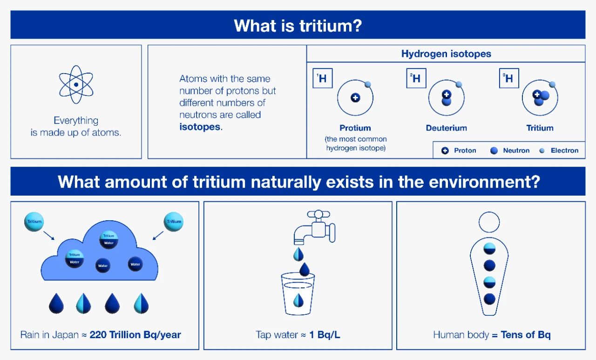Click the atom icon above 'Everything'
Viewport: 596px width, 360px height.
[x=76, y=85]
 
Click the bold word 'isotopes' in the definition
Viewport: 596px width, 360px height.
[x=200, y=127]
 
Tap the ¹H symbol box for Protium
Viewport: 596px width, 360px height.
[x=323, y=78]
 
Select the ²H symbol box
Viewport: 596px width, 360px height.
[x=416, y=78]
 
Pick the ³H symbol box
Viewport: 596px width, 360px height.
[x=509, y=78]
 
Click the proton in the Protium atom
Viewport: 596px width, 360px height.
[x=355, y=98]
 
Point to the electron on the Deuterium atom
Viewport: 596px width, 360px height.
[x=459, y=85]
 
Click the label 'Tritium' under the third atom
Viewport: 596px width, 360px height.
[x=540, y=128]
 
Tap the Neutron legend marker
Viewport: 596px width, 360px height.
[x=494, y=150]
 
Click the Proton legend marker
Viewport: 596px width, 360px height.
[x=445, y=150]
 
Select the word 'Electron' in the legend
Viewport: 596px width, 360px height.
[x=565, y=150]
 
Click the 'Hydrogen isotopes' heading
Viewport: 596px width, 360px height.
[x=446, y=54]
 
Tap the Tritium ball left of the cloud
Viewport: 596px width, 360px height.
[x=34, y=222]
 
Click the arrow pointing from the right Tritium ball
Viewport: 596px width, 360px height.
[x=158, y=236]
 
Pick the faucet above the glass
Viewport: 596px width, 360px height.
[x=314, y=227]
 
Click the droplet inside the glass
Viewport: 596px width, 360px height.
[x=298, y=300]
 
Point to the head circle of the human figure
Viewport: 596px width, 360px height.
[x=489, y=222]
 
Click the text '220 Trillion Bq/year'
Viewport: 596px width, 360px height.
[x=135, y=335]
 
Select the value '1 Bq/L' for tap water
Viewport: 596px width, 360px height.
[x=325, y=335]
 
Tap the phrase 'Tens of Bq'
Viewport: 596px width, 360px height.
[x=526, y=335]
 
